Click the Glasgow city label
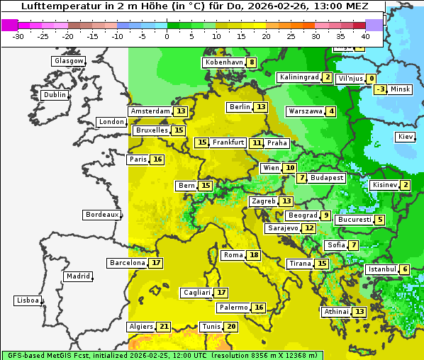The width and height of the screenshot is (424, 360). point(68,61)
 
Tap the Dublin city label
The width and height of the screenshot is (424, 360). point(55,95)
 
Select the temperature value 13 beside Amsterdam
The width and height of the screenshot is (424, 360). point(181,111)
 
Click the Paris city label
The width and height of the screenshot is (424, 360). point(138,159)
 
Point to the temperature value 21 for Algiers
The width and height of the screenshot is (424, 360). point(164,327)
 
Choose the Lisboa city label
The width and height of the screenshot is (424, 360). point(27,300)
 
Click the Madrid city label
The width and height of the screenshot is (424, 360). point(77,276)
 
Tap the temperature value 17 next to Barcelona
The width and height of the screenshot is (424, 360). point(156,263)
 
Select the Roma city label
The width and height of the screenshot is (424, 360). point(233,255)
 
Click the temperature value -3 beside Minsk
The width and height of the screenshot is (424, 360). point(381,89)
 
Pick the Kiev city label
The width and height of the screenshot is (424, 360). point(406,137)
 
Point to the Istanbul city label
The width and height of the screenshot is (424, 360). point(381,269)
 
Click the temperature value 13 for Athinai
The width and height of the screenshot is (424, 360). point(359,312)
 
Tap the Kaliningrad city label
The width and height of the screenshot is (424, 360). point(299,77)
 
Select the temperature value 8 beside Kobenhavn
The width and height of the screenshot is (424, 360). point(251,62)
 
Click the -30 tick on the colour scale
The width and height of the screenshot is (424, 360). point(18,36)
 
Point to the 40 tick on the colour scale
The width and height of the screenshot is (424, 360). point(365,36)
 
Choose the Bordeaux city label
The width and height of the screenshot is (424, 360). point(101,215)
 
